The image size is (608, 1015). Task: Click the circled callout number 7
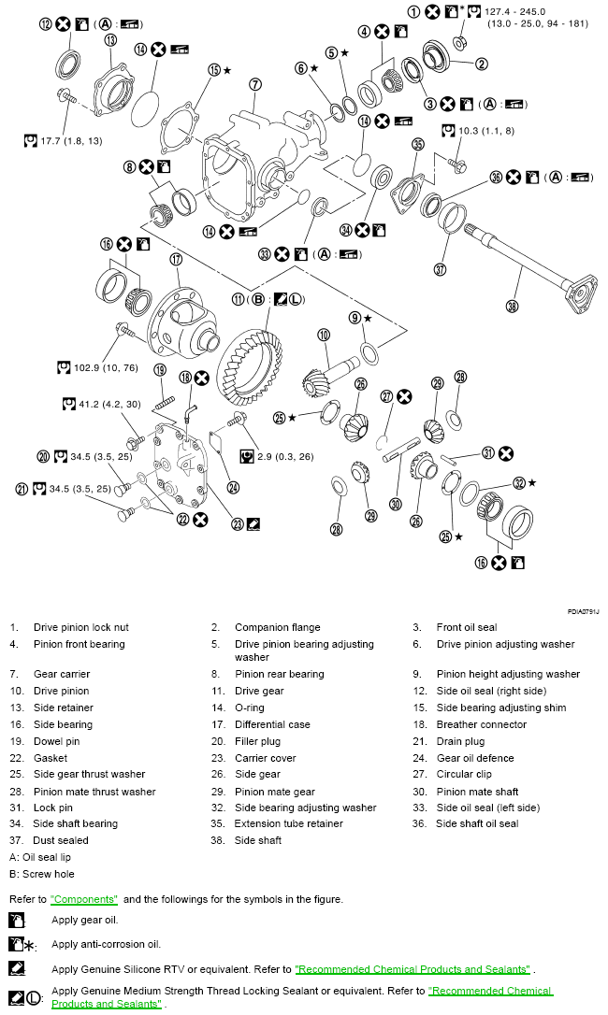[x=254, y=84]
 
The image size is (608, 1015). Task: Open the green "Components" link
[x=84, y=898]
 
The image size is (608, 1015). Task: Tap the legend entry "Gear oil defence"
[x=475, y=758]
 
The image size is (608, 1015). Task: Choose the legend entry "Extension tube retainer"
[x=288, y=823]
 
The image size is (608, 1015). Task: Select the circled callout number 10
[x=324, y=334]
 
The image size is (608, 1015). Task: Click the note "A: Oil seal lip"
[x=40, y=857]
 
